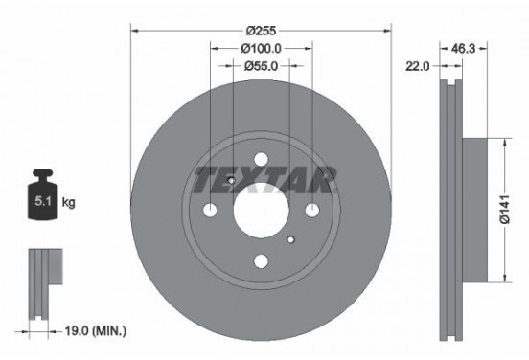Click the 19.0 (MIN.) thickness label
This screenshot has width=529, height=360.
coord(94,330)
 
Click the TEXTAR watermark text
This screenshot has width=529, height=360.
coord(263,179)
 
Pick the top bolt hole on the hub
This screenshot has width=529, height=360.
coord(261,160)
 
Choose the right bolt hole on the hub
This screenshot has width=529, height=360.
coord(312,212)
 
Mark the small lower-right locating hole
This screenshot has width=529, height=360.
coord(290,235)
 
